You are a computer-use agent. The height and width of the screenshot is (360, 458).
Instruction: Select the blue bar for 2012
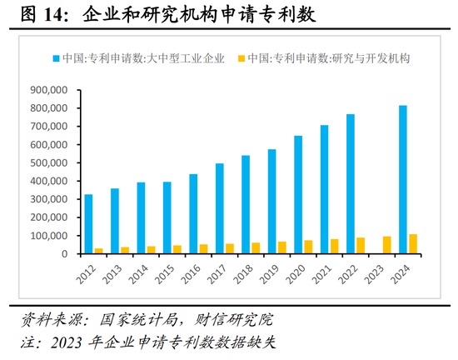point(89,224)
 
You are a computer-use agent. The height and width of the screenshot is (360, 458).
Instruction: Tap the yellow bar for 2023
point(387,245)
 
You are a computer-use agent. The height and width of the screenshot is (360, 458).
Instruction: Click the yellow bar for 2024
point(413,244)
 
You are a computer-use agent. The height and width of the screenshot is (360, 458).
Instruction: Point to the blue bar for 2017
point(219,208)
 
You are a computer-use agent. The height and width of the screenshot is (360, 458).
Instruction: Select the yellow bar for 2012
point(99,251)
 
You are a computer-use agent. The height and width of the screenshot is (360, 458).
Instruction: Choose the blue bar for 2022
point(350,183)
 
